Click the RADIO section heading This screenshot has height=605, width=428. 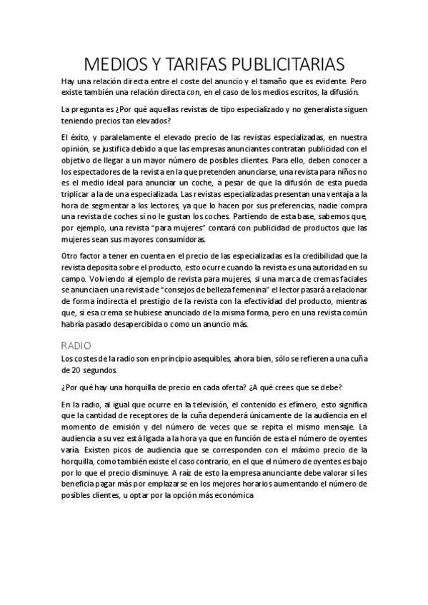tap(76, 345)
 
